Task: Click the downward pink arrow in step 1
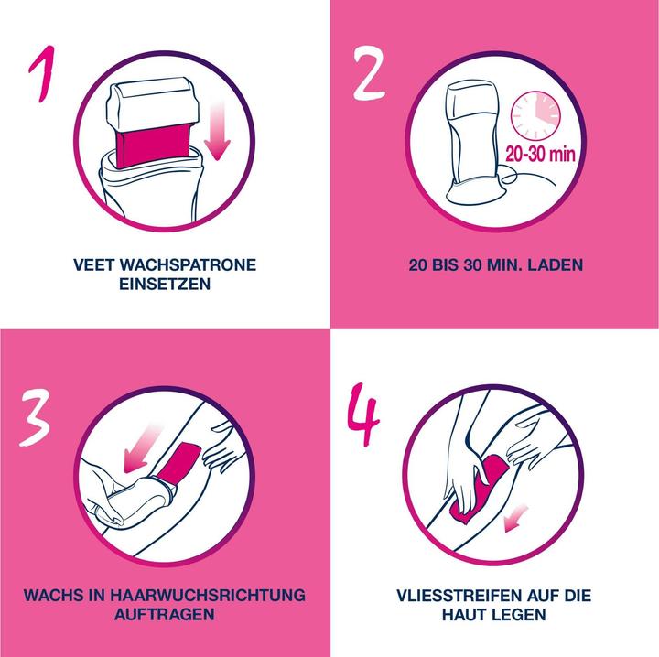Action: click(216, 128)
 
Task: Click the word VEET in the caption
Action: click(95, 265)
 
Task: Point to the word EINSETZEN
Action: click(165, 285)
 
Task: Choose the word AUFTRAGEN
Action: click(165, 615)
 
